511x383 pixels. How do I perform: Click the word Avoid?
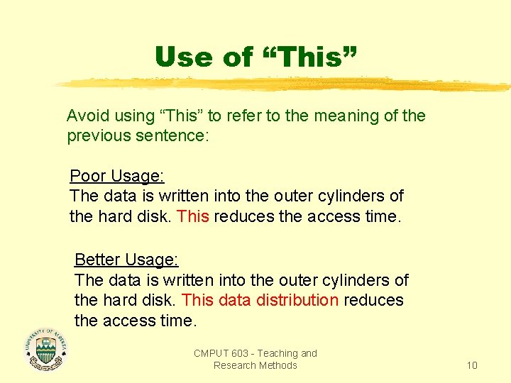click(x=86, y=116)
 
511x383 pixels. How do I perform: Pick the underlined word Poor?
click(x=87, y=176)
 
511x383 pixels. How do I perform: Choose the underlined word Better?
click(x=97, y=260)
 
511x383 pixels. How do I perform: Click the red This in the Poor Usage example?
click(x=193, y=216)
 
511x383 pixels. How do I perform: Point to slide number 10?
click(x=472, y=365)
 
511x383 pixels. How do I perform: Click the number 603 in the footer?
click(x=241, y=353)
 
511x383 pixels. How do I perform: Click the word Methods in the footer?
click(x=279, y=365)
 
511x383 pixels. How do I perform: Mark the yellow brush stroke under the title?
click(x=284, y=85)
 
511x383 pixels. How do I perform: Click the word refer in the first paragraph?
click(x=248, y=116)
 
